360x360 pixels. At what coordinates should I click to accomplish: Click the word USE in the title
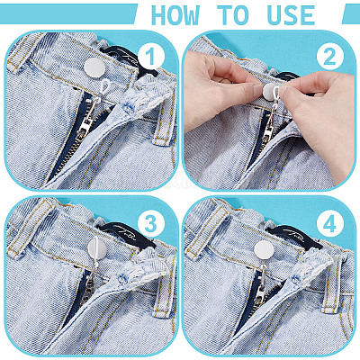291,15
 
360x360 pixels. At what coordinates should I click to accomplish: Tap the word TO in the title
233,15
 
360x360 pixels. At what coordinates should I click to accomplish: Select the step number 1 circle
151,57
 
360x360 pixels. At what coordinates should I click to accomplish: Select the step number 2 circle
330,57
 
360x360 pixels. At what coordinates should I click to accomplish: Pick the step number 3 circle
151,223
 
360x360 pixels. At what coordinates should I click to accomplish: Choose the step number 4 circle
330,223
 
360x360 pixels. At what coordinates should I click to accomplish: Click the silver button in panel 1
94,68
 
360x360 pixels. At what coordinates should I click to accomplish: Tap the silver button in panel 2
270,92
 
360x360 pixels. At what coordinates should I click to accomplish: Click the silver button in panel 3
97,247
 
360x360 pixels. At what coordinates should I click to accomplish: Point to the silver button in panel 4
264,250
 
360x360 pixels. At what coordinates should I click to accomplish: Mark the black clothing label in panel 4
295,237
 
